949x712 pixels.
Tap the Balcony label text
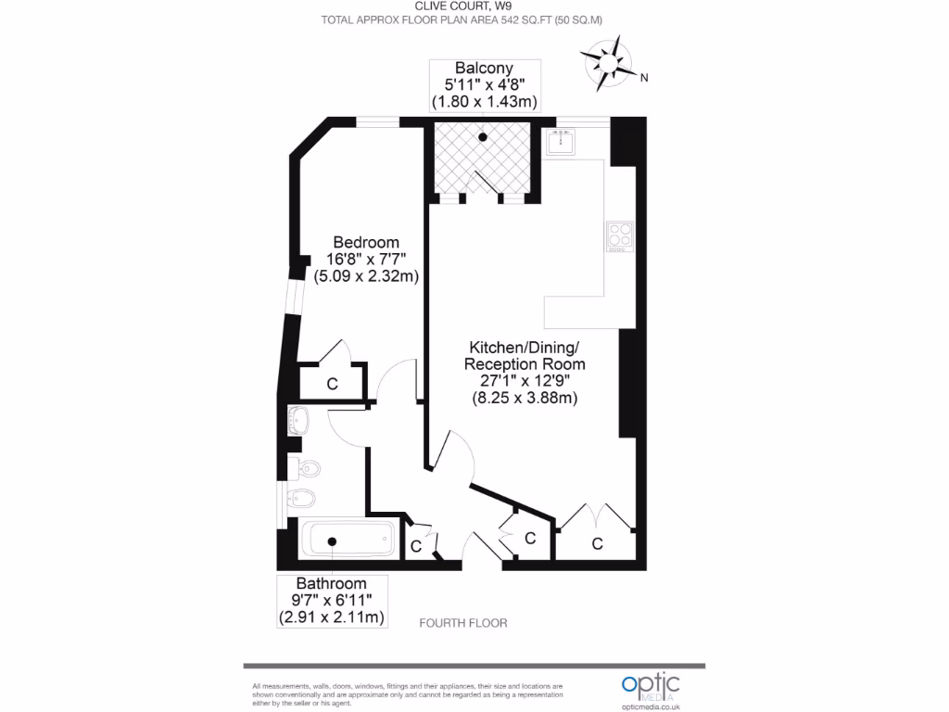tap(484, 68)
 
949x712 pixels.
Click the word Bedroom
tap(366, 243)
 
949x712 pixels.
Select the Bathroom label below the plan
tap(332, 583)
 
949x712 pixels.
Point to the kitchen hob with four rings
tap(618, 236)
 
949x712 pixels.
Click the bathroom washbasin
tap(300, 420)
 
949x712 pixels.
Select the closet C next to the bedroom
tap(331, 383)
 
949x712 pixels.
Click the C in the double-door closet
tap(597, 543)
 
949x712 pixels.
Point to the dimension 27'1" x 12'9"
tap(525, 381)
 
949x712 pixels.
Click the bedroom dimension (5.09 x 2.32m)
tap(366, 275)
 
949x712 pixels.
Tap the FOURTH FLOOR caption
tap(463, 623)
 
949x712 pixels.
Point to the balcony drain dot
tap(483, 138)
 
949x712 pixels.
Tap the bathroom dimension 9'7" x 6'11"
tap(332, 600)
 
